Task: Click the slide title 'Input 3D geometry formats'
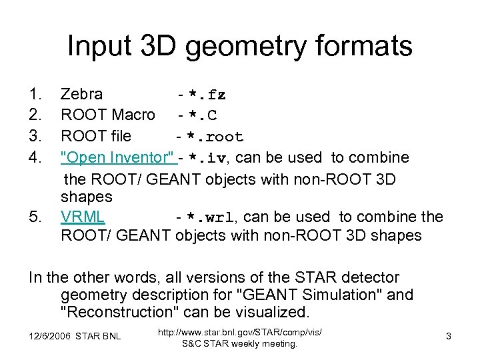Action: tap(240, 47)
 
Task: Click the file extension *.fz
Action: tap(207, 96)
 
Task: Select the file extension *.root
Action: tap(215, 137)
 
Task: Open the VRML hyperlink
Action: tap(82, 217)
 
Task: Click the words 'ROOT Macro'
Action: tap(107, 116)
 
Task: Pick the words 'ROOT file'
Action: tap(96, 137)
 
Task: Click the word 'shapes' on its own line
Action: tap(87, 197)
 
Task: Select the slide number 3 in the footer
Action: tap(449, 337)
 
